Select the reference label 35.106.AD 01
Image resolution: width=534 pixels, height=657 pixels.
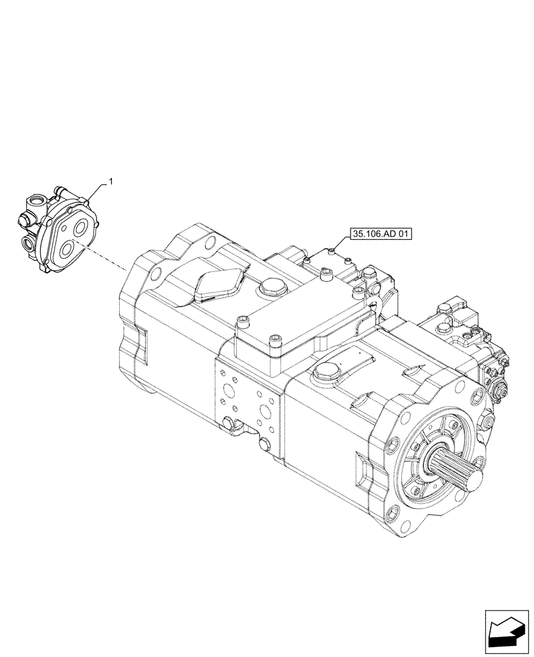pyautogui.click(x=379, y=233)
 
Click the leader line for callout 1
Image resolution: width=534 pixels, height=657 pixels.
pyautogui.click(x=97, y=193)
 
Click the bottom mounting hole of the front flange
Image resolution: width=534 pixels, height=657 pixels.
pyautogui.click(x=398, y=532)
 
